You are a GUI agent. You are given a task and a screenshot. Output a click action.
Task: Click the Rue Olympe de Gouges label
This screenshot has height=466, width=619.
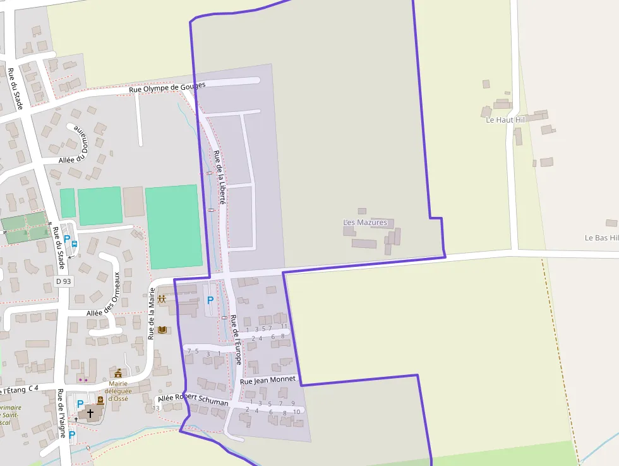167,88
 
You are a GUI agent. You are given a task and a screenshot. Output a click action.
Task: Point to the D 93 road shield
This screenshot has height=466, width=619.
63,281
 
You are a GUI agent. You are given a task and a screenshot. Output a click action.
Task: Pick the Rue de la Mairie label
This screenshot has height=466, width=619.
152,314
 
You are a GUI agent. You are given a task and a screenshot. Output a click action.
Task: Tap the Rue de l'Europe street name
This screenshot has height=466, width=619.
236,340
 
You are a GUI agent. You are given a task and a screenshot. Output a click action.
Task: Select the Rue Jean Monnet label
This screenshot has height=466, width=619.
268,380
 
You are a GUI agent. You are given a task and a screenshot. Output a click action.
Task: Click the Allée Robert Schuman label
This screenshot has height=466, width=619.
193,400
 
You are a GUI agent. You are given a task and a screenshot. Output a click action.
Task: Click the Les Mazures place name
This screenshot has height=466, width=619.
365,223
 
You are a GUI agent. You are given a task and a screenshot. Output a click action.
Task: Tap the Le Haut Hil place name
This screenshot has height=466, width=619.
505,119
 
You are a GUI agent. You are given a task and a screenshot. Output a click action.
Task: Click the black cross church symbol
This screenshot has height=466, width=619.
90,413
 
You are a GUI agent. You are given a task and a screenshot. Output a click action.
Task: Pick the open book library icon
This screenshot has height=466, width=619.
162,330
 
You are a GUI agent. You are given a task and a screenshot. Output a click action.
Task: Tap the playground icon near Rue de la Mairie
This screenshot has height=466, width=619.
162,299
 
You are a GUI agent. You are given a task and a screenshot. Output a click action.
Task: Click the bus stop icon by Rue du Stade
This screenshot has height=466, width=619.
75,243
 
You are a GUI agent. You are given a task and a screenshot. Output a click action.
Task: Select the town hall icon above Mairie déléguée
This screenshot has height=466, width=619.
118,373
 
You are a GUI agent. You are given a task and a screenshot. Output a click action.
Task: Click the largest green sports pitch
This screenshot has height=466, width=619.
174,226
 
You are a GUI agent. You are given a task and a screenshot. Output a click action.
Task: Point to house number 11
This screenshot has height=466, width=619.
284,326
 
